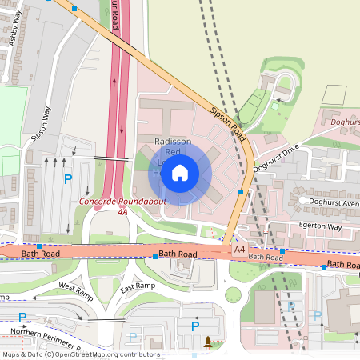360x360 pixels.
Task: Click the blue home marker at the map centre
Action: click(180, 172)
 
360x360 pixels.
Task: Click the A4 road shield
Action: click(239, 250)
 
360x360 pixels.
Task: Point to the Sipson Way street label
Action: click(42, 123)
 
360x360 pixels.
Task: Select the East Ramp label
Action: click(138, 288)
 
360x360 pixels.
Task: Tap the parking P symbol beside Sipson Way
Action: click(68, 180)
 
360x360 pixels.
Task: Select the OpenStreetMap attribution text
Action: click(80, 354)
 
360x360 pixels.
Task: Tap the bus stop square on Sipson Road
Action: click(250, 192)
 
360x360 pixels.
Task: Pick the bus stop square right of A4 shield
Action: click(282, 251)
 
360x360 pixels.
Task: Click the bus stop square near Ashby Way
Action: click(74, 8)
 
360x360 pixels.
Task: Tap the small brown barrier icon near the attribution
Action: click(209, 342)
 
